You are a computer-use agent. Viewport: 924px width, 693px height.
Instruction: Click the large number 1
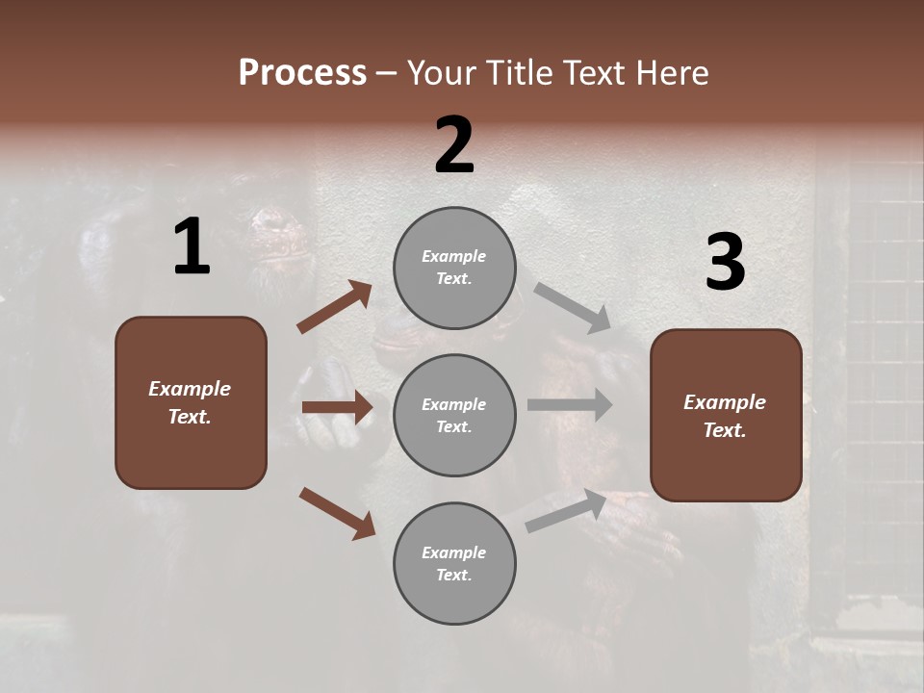click(192, 247)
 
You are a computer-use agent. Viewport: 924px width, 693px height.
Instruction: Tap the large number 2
click(454, 145)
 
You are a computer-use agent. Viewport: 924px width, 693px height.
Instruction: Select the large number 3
click(725, 263)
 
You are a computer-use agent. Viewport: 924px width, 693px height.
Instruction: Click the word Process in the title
click(302, 72)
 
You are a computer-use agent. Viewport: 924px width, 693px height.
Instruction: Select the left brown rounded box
click(191, 402)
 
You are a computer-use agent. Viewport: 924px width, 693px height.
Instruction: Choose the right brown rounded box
click(726, 415)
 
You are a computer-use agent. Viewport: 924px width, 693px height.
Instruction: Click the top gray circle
click(454, 268)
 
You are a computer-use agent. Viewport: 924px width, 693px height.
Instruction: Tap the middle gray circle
click(454, 415)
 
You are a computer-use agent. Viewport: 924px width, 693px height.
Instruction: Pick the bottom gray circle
click(454, 563)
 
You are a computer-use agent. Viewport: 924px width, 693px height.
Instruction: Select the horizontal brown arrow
click(337, 407)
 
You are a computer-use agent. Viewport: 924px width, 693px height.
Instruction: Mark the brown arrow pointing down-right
click(337, 512)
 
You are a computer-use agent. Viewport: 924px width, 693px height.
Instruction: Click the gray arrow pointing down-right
click(573, 308)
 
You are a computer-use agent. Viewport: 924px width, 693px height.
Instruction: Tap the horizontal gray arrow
click(570, 405)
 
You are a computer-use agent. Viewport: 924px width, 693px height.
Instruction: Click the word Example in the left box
click(190, 389)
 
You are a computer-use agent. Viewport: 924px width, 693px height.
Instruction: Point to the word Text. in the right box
click(725, 430)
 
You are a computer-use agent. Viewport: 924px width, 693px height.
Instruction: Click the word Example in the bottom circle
click(453, 552)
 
